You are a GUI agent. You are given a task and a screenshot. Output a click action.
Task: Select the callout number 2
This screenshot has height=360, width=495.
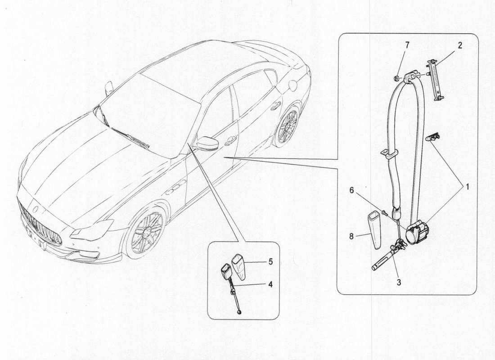[460, 45]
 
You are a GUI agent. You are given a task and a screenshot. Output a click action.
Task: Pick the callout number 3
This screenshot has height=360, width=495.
[399, 283]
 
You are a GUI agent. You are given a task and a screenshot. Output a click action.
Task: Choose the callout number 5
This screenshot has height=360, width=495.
[270, 261]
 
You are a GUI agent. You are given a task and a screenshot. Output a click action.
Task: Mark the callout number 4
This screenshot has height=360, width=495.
[270, 284]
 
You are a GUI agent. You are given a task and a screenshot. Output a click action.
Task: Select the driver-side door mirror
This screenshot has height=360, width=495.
[207, 143]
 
